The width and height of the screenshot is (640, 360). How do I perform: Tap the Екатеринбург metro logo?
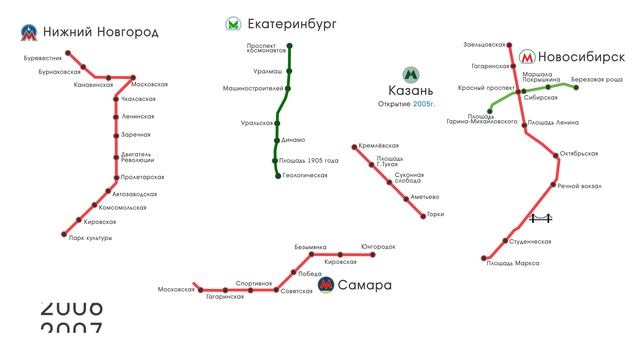(x=233, y=22)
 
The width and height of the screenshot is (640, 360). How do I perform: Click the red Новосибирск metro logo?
(x=527, y=59)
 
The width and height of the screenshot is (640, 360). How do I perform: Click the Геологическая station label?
(x=305, y=175)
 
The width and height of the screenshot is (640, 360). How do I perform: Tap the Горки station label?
(x=434, y=214)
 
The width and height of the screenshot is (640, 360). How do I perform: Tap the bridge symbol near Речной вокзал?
(x=541, y=218)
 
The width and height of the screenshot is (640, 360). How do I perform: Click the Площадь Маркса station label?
(x=513, y=263)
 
